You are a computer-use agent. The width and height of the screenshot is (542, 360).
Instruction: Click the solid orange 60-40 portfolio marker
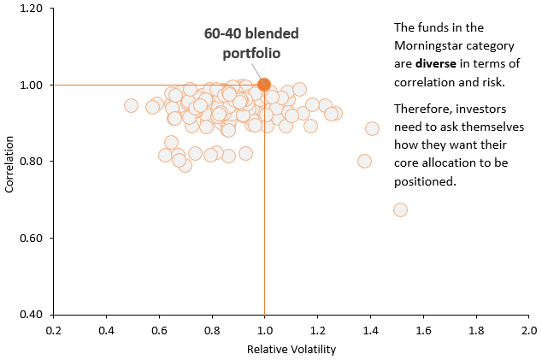(264, 85)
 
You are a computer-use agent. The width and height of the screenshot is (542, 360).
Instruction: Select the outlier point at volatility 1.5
(400, 210)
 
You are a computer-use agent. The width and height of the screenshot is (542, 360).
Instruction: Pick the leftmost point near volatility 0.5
(131, 106)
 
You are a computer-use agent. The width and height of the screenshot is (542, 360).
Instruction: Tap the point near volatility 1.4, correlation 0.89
(372, 129)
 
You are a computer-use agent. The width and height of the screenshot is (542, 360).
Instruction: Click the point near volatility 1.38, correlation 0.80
(365, 161)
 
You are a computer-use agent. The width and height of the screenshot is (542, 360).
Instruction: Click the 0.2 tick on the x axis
(54, 328)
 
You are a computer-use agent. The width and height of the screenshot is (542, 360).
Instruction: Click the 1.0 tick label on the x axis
(264, 328)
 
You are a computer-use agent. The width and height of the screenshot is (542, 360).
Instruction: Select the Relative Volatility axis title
(291, 349)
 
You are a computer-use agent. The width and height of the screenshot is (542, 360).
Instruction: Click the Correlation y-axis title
(9, 162)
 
